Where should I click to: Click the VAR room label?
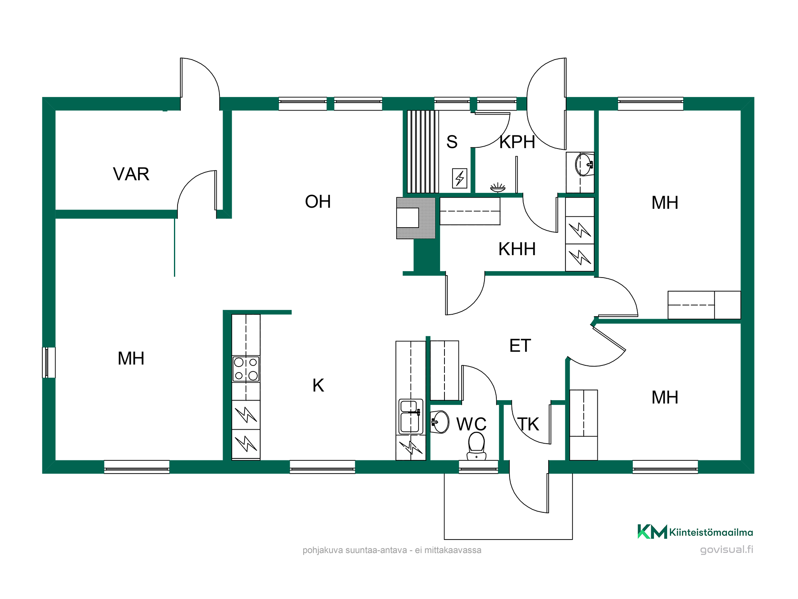point(131,174)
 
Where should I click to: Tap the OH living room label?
point(318,202)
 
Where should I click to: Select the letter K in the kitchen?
point(318,385)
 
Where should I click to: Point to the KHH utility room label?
point(517,249)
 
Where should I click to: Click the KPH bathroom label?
point(517,142)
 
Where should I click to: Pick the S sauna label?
point(452,142)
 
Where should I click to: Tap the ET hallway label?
point(520,346)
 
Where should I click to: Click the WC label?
point(471,424)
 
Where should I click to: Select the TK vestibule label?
point(529,424)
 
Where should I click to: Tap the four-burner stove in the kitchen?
point(246,369)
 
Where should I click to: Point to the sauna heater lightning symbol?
point(460,178)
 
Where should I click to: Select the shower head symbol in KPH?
point(498,187)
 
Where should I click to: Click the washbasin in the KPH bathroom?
point(585,164)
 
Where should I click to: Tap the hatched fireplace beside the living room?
point(416,218)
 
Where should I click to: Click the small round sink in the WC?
point(440,422)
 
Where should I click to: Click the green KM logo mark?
point(652,532)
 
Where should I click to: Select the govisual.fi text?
point(727,549)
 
